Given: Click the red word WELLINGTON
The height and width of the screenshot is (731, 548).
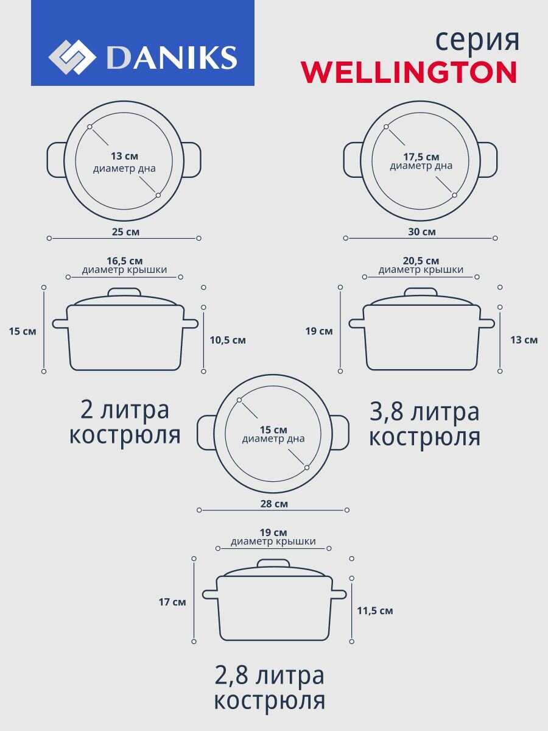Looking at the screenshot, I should tap(409, 72).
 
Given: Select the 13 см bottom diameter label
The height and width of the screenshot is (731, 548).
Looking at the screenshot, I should tap(124, 157).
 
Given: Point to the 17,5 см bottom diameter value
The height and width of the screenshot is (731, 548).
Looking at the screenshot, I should tap(421, 157).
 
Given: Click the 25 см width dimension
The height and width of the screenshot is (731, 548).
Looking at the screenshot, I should tap(124, 231).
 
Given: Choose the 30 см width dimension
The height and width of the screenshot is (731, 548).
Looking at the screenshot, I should tap(421, 231).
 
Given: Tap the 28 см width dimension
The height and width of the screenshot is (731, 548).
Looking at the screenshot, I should tap(273, 504).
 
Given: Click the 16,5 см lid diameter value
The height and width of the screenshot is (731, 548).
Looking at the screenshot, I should tap(124, 261).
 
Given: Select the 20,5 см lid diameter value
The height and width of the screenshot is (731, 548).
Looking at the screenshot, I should tap(421, 261).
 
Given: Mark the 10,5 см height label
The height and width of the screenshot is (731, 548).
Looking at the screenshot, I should tap(228, 340).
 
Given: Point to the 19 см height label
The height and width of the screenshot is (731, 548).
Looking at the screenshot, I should tap(319, 331).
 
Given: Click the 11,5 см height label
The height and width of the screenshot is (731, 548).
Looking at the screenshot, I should tap(375, 610).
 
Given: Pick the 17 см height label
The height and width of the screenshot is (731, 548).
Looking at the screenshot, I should tap(172, 602).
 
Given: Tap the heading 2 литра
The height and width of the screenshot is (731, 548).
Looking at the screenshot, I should tap(124, 410).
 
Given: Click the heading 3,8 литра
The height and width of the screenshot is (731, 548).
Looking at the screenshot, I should tap(424, 412).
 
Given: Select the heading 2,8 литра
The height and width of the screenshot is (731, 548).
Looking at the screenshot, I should tap(269, 676).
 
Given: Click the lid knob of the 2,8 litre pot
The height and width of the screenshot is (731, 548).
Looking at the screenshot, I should tap(273, 563).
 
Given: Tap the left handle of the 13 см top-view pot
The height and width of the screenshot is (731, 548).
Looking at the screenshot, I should tap(56, 160).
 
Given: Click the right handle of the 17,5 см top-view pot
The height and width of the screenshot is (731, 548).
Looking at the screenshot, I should tap(489, 160).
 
